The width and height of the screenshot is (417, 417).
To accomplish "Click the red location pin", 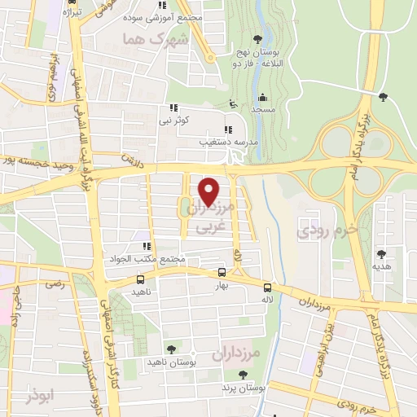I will coord(209,190).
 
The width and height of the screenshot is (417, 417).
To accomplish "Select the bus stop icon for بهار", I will coord(222,273).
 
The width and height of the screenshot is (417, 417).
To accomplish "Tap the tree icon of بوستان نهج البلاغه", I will coord(258,38).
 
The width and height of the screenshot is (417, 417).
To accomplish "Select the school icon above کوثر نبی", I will coord(173,108).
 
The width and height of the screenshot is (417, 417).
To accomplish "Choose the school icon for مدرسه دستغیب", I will coord(229,129).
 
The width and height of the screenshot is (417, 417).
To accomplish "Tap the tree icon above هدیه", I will coord(381,253).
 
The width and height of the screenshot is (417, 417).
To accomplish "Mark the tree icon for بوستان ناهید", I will coord(170,349).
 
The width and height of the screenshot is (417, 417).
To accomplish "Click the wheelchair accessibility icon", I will coord(232,103).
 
